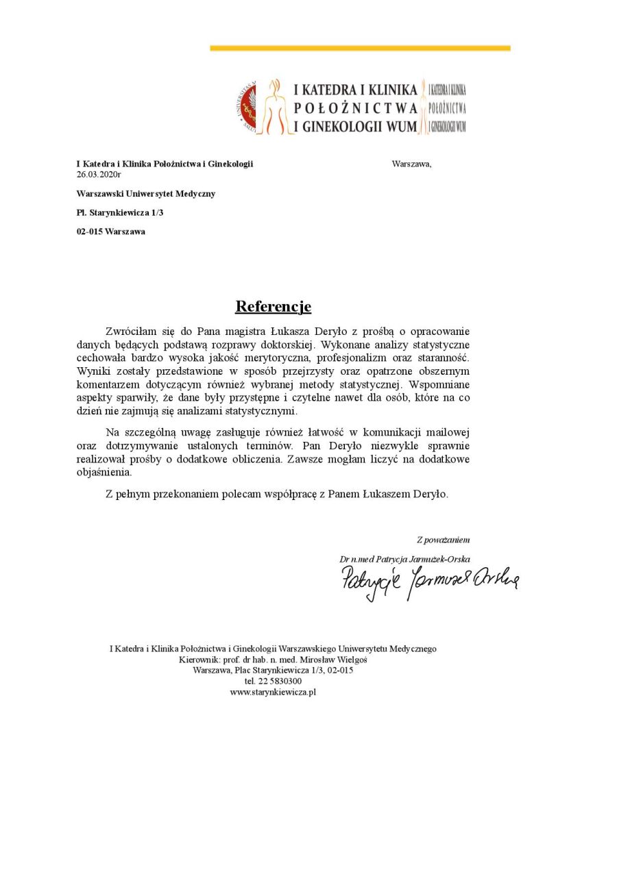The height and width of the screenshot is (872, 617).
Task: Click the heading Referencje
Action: (273, 306)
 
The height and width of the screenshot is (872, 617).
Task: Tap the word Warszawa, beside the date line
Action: (411, 164)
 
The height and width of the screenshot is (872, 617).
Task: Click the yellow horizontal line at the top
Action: (360, 48)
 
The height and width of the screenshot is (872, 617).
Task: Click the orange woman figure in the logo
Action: (275, 107)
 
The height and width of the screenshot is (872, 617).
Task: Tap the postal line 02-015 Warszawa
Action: (110, 232)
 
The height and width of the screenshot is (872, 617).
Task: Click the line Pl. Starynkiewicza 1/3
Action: (119, 212)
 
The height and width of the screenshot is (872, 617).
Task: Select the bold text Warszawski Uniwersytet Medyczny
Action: (145, 194)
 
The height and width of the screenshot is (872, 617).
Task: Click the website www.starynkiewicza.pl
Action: (273, 693)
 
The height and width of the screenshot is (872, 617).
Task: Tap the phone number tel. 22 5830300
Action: (273, 682)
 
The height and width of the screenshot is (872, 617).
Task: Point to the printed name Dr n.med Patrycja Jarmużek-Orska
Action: (404, 559)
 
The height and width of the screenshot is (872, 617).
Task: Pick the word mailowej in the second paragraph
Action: (448, 432)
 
